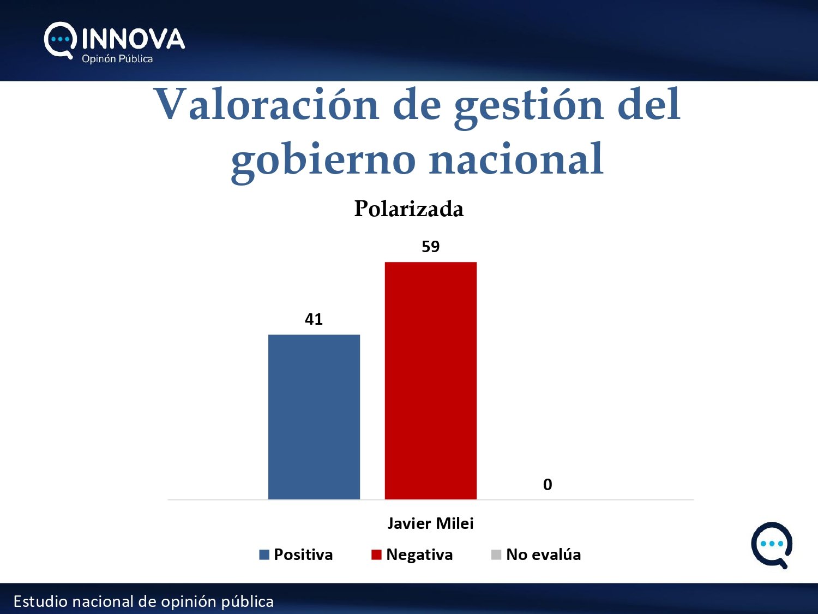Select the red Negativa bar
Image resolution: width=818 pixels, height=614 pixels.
click(430, 380)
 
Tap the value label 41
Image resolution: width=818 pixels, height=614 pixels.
click(314, 319)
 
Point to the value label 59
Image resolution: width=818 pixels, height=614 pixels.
click(430, 247)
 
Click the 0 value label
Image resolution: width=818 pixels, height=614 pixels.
click(548, 485)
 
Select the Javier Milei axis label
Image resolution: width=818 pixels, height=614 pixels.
click(430, 523)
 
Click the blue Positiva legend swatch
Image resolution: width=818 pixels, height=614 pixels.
click(264, 555)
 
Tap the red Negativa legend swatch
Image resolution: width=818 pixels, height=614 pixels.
click(376, 555)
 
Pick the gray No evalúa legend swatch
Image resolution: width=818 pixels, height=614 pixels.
click(496, 555)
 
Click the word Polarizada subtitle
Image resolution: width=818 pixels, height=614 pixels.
click(409, 209)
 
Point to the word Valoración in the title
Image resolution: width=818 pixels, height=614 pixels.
click(266, 105)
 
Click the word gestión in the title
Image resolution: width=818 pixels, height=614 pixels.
click(528, 106)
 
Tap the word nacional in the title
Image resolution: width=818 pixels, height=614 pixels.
click(516, 159)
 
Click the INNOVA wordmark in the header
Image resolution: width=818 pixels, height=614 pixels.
click(133, 39)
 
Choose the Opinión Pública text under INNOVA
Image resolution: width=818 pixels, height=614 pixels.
click(117, 59)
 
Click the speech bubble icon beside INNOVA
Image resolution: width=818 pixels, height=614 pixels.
click(59, 40)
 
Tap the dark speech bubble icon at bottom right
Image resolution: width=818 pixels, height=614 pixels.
click(772, 545)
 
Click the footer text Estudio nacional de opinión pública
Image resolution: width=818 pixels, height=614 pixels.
click(143, 601)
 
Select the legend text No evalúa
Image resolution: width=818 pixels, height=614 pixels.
click(543, 555)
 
